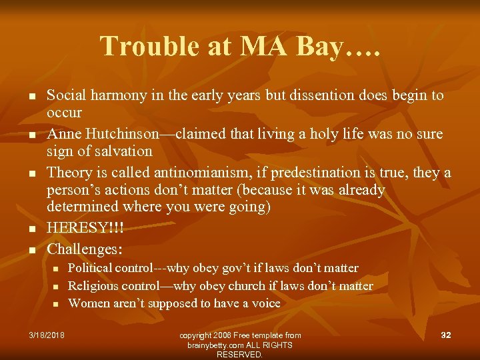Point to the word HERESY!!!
pos(85,228)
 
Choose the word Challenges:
pos(85,249)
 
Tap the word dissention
pos(319,95)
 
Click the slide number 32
pos(446,335)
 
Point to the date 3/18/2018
pos(47,335)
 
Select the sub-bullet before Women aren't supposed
pos(57,304)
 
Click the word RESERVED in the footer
pos(239,355)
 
